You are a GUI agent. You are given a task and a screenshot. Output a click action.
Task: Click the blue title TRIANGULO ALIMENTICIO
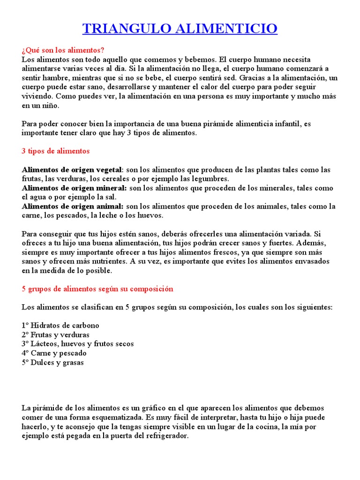point(180,29)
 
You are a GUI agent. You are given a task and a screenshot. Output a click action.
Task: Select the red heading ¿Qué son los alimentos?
point(63,50)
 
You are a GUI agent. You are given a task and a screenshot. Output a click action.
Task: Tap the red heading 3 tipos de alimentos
point(55,151)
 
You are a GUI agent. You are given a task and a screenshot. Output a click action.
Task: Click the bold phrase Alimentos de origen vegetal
point(71,170)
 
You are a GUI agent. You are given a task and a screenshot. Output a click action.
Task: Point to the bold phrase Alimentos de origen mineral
point(74,188)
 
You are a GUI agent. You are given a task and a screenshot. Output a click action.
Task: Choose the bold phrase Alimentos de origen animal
point(73,206)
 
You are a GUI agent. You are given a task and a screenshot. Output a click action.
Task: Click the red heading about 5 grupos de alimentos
point(97,289)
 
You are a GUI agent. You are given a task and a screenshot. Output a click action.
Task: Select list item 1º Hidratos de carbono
point(60,325)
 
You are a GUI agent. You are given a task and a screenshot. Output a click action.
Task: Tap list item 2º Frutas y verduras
point(55,335)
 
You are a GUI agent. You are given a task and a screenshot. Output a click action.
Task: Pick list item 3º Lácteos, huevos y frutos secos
point(78,344)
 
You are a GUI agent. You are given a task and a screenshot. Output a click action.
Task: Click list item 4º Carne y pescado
point(54,353)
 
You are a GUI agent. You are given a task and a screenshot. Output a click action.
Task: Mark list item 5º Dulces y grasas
point(53,362)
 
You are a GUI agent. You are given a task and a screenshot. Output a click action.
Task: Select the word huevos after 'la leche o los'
point(150,216)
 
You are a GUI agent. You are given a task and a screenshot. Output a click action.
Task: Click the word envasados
point(309,262)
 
